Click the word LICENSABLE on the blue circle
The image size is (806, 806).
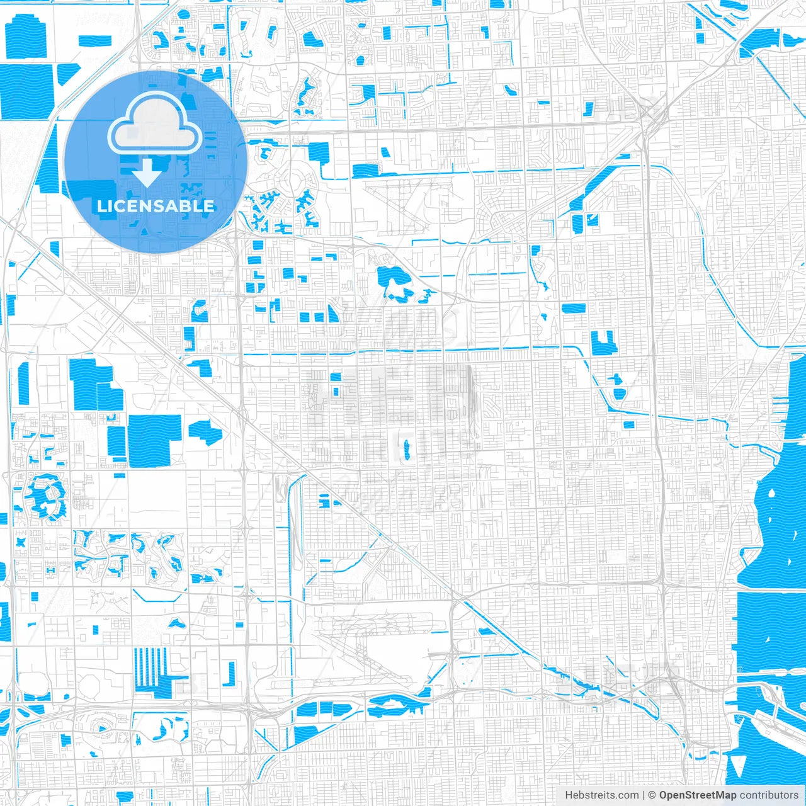[x=156, y=206]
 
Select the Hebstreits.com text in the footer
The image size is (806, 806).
[x=601, y=795]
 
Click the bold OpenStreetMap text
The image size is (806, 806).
[x=697, y=795]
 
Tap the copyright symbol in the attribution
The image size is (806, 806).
[x=652, y=795]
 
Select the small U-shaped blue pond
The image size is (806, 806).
[x=603, y=343]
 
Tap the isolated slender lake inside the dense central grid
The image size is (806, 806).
[x=407, y=448]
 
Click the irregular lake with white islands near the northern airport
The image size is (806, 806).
[x=394, y=282]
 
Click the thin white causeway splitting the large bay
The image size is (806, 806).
[x=771, y=590]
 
